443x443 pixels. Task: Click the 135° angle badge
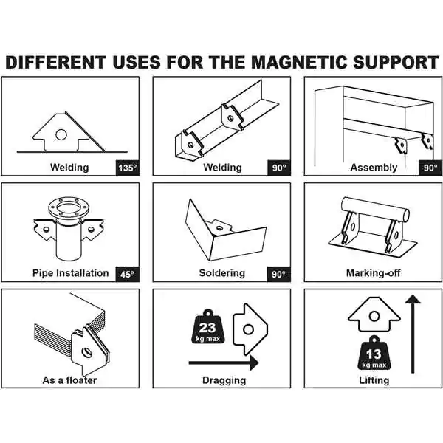point(128,168)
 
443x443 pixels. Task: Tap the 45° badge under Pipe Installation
point(128,275)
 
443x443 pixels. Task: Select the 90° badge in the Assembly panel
point(430,168)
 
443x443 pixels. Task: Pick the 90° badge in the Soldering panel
point(279,275)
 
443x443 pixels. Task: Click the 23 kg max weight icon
point(207,327)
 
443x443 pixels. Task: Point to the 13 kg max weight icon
point(374,353)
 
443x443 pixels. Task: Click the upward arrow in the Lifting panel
point(413,334)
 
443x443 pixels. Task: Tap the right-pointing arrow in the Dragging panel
point(224,363)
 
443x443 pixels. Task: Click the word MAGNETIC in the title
point(299,63)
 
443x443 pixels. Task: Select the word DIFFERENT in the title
point(56,63)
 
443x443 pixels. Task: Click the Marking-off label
point(373,273)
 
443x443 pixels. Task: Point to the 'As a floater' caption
point(69,380)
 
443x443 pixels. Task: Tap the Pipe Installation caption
point(71,273)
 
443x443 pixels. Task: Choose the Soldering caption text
point(222,273)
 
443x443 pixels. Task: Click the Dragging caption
point(224,380)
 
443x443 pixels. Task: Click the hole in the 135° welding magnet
point(61,135)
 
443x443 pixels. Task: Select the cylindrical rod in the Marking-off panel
point(375,210)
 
